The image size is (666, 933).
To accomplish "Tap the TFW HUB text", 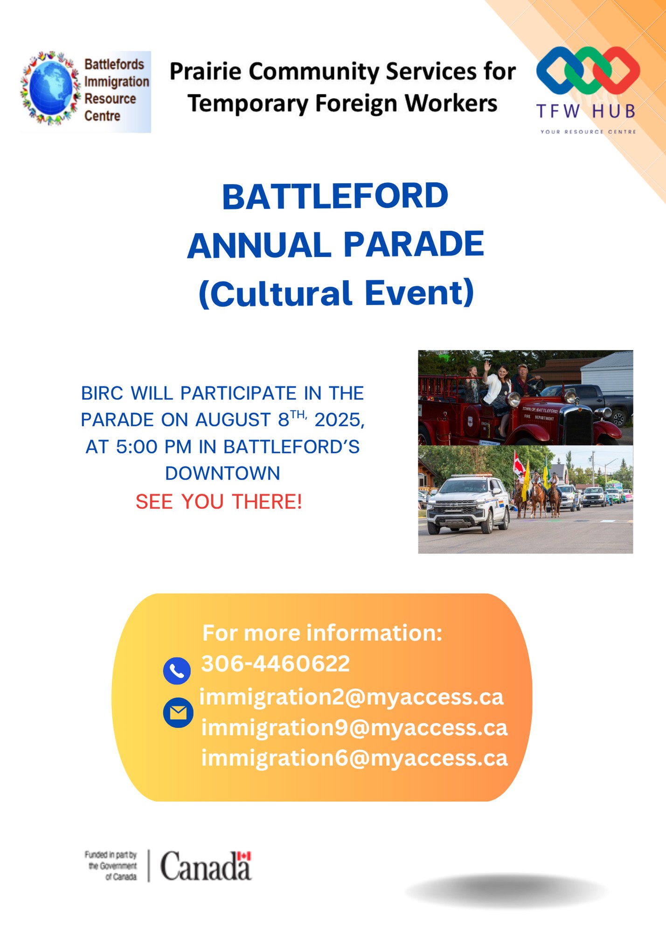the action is [x=586, y=111].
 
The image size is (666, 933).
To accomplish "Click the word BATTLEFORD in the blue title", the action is [x=335, y=196].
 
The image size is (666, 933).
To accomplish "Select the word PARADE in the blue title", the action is [x=414, y=245].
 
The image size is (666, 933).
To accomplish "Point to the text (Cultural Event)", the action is [x=336, y=294].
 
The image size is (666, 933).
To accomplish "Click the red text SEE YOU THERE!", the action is [x=219, y=501].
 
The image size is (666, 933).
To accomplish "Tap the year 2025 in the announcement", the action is [x=340, y=420].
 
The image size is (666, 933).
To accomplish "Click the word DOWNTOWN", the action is [x=222, y=473].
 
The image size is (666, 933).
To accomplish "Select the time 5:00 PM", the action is [x=154, y=447].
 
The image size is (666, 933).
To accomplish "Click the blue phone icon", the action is [x=177, y=671].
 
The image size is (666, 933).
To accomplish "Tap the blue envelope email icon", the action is [x=178, y=713].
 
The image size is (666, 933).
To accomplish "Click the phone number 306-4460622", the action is [x=275, y=663].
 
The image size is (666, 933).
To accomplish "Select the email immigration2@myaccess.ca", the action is [x=352, y=697].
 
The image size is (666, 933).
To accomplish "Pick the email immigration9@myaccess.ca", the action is [x=354, y=728].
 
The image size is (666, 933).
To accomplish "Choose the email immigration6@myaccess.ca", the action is [x=354, y=758].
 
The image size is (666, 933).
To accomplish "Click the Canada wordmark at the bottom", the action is [x=206, y=866].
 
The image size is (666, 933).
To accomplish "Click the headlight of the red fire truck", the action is [x=513, y=399].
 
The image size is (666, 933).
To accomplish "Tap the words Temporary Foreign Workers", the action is [x=342, y=104].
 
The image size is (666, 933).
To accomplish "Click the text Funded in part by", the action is [x=111, y=855].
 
